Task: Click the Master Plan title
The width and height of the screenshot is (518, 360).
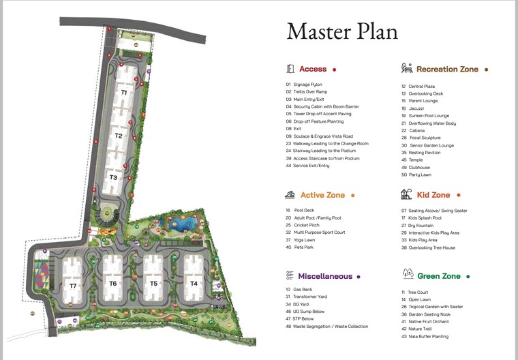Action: click(341, 31)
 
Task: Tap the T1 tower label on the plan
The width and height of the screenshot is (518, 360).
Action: click(124, 91)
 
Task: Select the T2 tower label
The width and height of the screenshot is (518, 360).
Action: click(119, 136)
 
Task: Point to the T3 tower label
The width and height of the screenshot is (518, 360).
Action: click(113, 177)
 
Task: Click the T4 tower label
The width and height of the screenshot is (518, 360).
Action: click(194, 283)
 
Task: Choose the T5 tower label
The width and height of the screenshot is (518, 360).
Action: click(153, 283)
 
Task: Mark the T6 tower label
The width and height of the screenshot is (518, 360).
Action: click(113, 283)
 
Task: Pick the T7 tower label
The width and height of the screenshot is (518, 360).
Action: click(73, 286)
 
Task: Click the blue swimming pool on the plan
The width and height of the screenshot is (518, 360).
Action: click(184, 224)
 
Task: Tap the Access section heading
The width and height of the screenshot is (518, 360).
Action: click(313, 69)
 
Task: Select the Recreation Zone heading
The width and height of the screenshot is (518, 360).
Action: click(447, 69)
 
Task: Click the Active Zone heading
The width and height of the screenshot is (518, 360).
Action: click(322, 195)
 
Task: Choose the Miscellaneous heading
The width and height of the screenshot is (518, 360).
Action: click(325, 276)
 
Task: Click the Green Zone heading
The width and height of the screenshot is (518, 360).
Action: click(438, 276)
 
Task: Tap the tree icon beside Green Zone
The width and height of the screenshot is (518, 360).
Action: click(408, 274)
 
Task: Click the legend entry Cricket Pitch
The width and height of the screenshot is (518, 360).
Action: click(307, 225)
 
